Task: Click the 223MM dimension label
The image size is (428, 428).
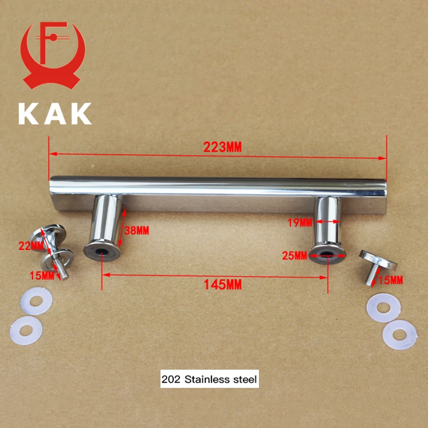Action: [x=223, y=148]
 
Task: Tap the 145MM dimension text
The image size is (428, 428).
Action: [x=223, y=285]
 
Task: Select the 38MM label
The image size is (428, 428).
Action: [x=136, y=231]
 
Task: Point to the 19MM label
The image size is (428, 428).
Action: [x=300, y=223]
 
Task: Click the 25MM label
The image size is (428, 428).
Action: [x=295, y=256]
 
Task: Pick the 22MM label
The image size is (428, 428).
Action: [x=31, y=246]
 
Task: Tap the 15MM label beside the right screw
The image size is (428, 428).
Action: [x=391, y=280]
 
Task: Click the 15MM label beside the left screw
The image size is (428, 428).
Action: [x=42, y=276]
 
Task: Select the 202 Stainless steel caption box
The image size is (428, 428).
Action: [x=209, y=379]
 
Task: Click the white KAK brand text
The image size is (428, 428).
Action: [x=55, y=113]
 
